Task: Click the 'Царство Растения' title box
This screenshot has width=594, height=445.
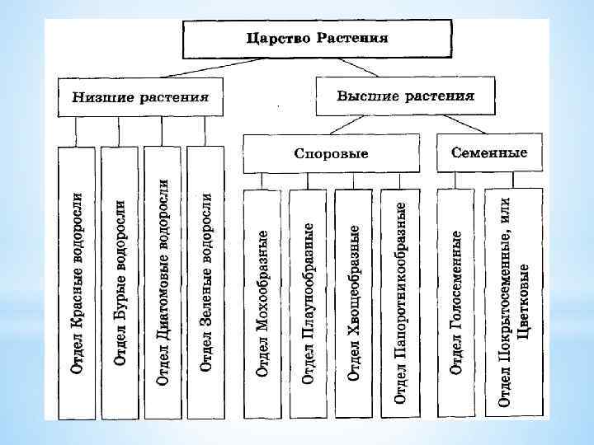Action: click(317, 40)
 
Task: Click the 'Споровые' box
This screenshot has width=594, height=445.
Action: click(331, 153)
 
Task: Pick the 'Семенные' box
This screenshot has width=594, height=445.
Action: click(488, 152)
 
